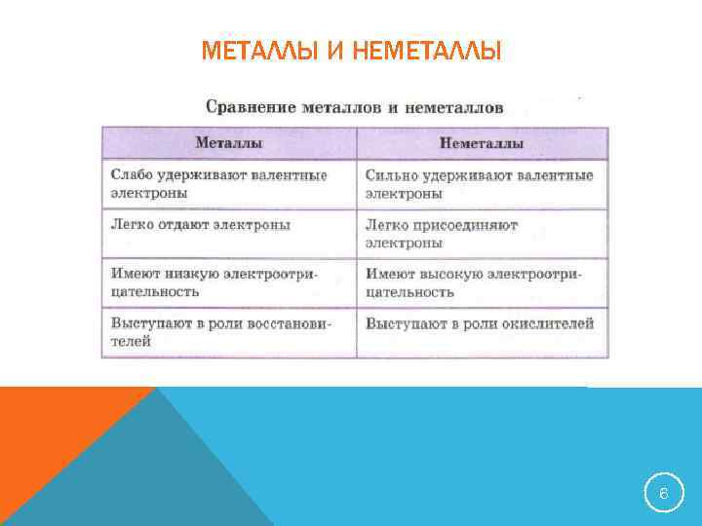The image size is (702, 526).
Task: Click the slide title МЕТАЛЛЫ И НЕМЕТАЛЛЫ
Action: [x=351, y=50]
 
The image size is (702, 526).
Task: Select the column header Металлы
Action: [x=229, y=143]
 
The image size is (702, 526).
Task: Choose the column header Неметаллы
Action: [x=482, y=143]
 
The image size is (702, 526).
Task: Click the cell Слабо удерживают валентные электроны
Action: [x=229, y=184]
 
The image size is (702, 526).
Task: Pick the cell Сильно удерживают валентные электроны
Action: [x=482, y=184]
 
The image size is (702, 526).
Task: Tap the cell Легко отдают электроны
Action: [x=229, y=233]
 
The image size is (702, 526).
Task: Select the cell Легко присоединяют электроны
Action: [x=482, y=233]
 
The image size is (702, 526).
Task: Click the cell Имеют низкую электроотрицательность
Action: [x=229, y=282]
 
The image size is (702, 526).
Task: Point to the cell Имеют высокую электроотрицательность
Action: [x=482, y=282]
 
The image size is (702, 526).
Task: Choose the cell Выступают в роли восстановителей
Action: [x=229, y=332]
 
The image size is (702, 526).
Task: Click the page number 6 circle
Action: [x=663, y=495]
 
